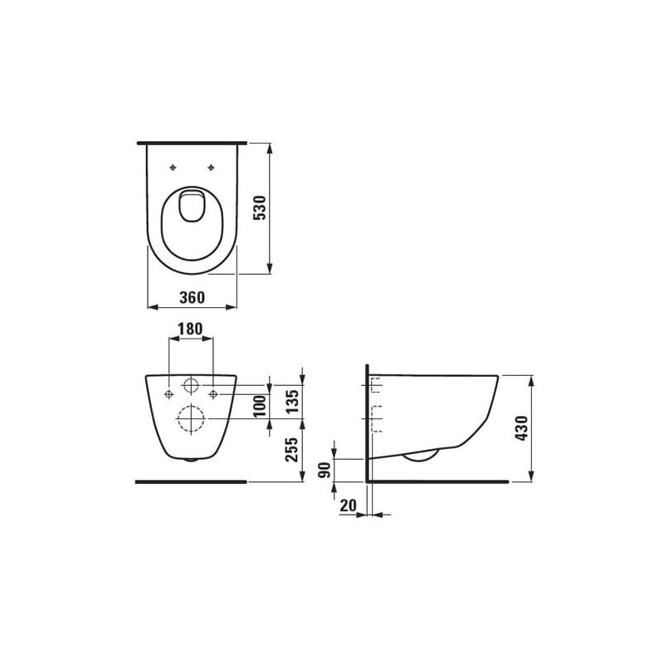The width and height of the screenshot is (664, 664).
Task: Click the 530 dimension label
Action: click(x=259, y=208)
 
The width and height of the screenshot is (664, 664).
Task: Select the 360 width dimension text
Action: click(x=192, y=296)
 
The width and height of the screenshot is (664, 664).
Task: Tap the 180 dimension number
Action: click(x=191, y=330)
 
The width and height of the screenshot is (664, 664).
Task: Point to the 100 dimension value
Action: click(x=259, y=406)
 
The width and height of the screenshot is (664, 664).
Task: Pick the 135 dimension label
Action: click(x=291, y=401)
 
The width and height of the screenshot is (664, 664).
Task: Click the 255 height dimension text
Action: click(x=291, y=450)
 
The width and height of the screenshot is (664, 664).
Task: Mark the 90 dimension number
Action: click(x=325, y=469)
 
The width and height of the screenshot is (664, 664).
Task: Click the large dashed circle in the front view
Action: click(x=191, y=419)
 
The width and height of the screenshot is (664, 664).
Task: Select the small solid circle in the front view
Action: click(x=191, y=385)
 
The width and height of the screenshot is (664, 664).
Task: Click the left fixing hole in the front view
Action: click(x=168, y=393)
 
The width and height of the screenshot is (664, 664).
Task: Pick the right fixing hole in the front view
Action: click(x=213, y=393)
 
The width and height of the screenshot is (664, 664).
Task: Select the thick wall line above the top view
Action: click(x=192, y=143)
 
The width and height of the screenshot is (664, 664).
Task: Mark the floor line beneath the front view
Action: click(x=191, y=481)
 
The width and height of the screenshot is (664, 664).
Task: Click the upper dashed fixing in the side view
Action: click(x=374, y=385)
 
